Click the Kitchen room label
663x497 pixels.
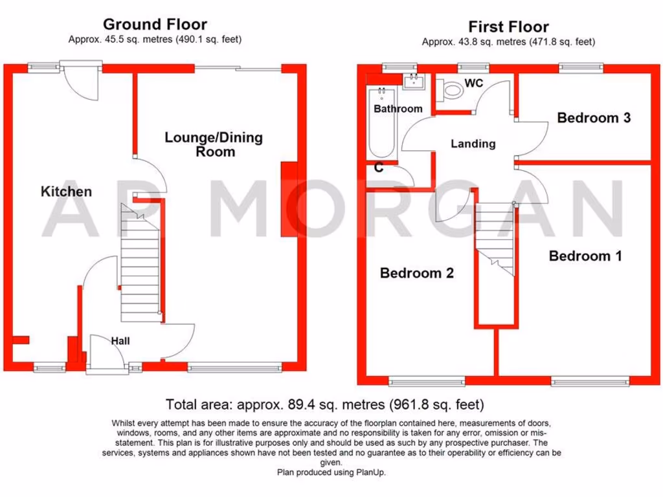[x=66, y=192]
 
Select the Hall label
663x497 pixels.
[x=120, y=340]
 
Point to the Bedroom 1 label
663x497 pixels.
[x=585, y=256]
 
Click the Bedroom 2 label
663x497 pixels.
[x=416, y=273]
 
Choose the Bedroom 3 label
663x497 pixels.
[x=594, y=118]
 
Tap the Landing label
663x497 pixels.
[x=473, y=144]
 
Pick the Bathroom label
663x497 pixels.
[x=398, y=109]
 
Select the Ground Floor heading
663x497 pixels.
[x=155, y=25]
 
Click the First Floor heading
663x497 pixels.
[x=508, y=27]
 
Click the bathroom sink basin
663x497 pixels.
[x=412, y=82]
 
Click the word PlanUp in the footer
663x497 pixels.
[x=370, y=472]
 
